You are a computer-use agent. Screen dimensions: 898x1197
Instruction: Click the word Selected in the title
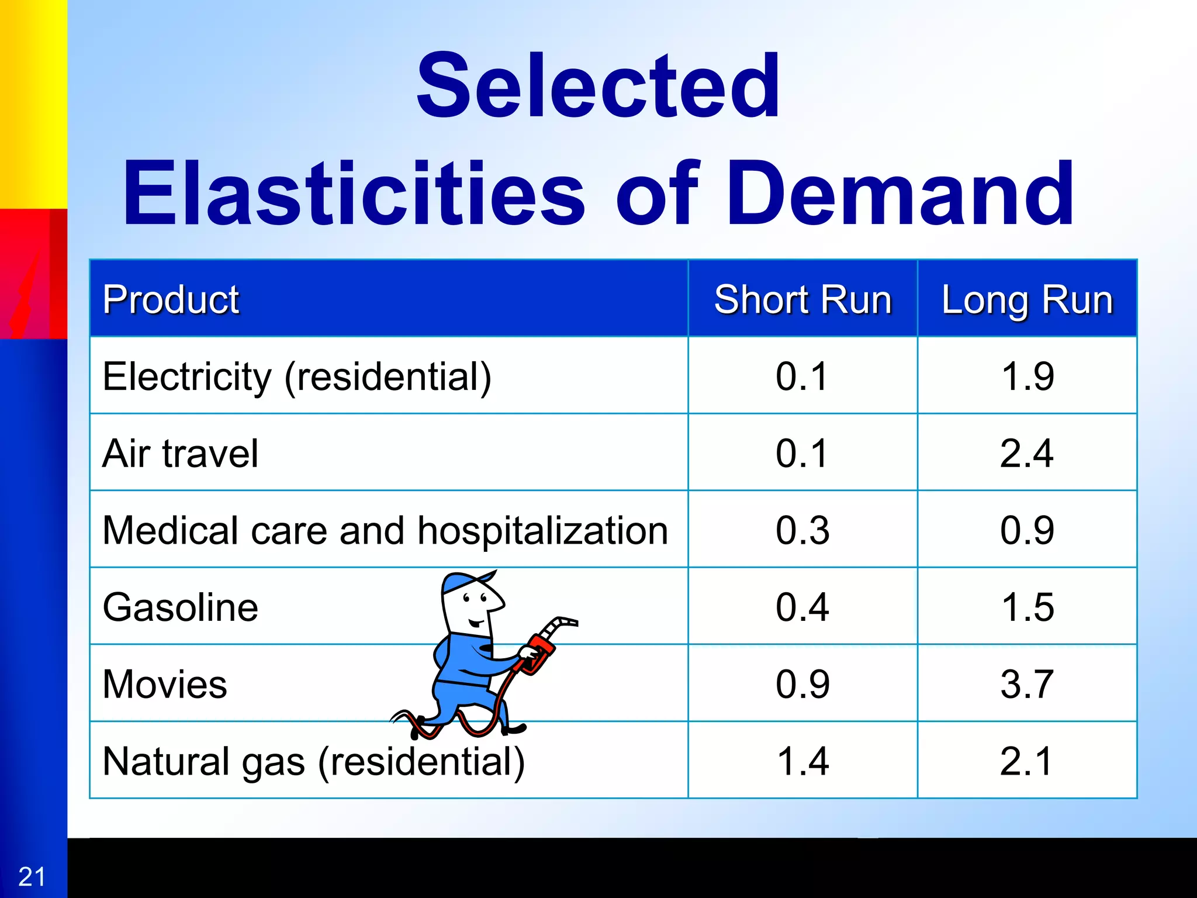pos(597,85)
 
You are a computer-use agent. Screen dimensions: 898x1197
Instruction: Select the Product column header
pos(171,299)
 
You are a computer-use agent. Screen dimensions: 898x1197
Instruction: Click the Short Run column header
pos(802,299)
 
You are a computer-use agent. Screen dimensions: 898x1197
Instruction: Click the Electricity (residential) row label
pos(297,377)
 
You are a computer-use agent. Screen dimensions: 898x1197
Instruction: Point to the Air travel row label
pos(180,454)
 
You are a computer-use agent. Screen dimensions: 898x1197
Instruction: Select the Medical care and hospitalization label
pos(385,530)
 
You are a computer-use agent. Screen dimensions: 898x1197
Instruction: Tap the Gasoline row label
pos(180,607)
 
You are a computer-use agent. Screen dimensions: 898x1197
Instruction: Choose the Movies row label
pos(165,684)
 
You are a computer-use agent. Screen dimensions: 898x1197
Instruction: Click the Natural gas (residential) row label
pos(314,762)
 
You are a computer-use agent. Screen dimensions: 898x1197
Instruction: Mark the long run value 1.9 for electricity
pos(1027,376)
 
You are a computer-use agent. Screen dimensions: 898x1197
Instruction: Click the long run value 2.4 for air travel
pos(1027,453)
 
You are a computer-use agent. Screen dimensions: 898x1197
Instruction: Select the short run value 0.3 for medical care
pos(802,530)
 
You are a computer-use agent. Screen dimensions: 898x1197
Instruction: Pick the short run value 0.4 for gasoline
pos(802,607)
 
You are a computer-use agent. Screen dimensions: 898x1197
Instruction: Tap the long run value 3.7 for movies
pos(1027,684)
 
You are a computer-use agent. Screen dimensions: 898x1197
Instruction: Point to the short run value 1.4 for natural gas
pos(802,761)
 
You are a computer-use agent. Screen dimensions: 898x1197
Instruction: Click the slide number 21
pos(32,877)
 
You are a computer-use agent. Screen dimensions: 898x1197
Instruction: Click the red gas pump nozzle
pos(541,649)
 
